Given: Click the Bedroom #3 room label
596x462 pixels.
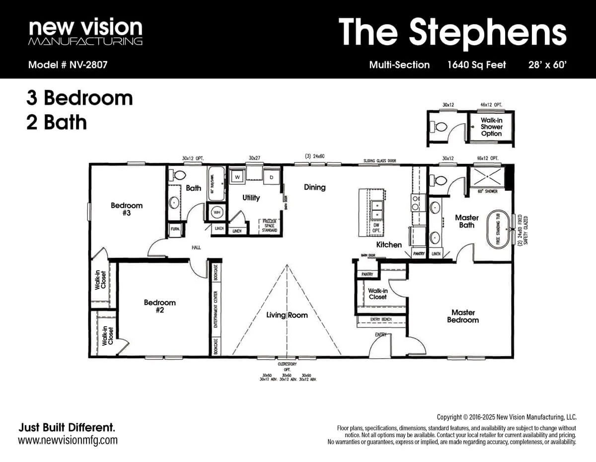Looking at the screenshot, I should point(127,209).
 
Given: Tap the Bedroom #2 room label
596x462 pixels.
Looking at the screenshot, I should point(159,306).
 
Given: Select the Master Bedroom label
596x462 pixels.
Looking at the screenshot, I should point(463,316).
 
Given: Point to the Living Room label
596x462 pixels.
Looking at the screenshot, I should point(287,315).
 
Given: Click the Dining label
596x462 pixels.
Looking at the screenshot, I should point(314,187).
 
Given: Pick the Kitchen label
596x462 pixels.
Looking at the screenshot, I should point(388,244).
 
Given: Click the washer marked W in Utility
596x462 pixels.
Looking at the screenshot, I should point(237,177).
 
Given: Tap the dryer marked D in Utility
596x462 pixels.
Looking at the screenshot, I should point(272,177).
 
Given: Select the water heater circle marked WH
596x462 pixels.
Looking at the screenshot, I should point(217,212).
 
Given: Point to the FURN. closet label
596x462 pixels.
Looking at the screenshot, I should point(175,229).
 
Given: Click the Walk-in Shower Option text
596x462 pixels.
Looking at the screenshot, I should point(491,127).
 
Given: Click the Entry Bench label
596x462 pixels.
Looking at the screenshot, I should point(381,319).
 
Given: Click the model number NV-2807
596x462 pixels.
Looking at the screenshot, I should point(68,65).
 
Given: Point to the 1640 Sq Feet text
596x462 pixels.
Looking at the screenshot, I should point(476,65).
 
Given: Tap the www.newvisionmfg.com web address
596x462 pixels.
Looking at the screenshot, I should point(68,440).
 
